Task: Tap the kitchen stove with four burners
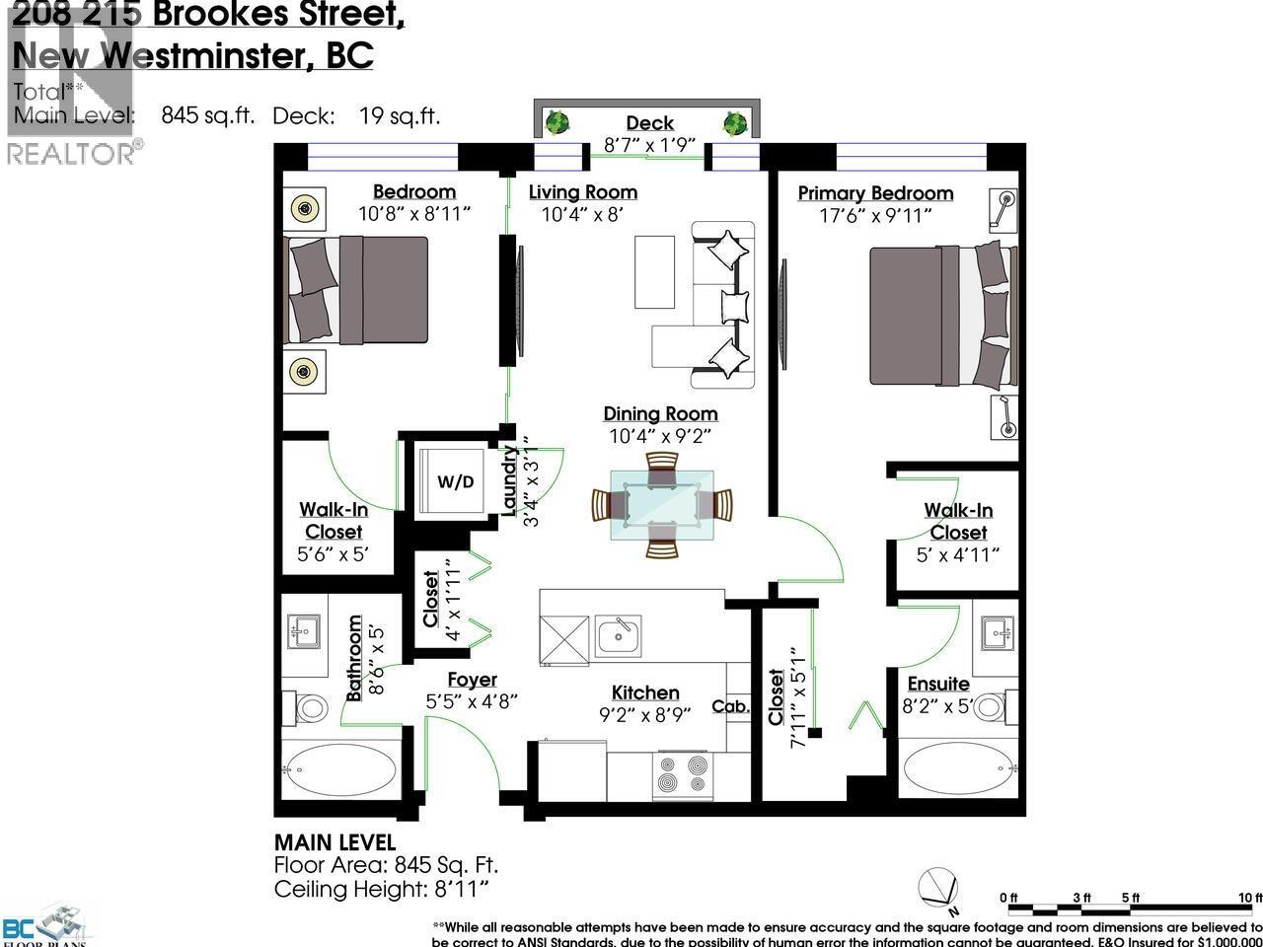(682, 774)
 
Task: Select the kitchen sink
(618, 635)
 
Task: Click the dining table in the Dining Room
(661, 504)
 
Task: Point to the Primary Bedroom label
(875, 193)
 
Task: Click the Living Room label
(582, 192)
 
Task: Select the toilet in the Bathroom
(310, 707)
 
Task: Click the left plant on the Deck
(558, 123)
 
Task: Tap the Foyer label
(472, 680)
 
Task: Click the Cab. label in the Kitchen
(731, 706)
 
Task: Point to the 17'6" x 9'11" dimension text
(874, 215)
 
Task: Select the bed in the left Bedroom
(356, 290)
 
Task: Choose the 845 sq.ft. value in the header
(207, 115)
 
